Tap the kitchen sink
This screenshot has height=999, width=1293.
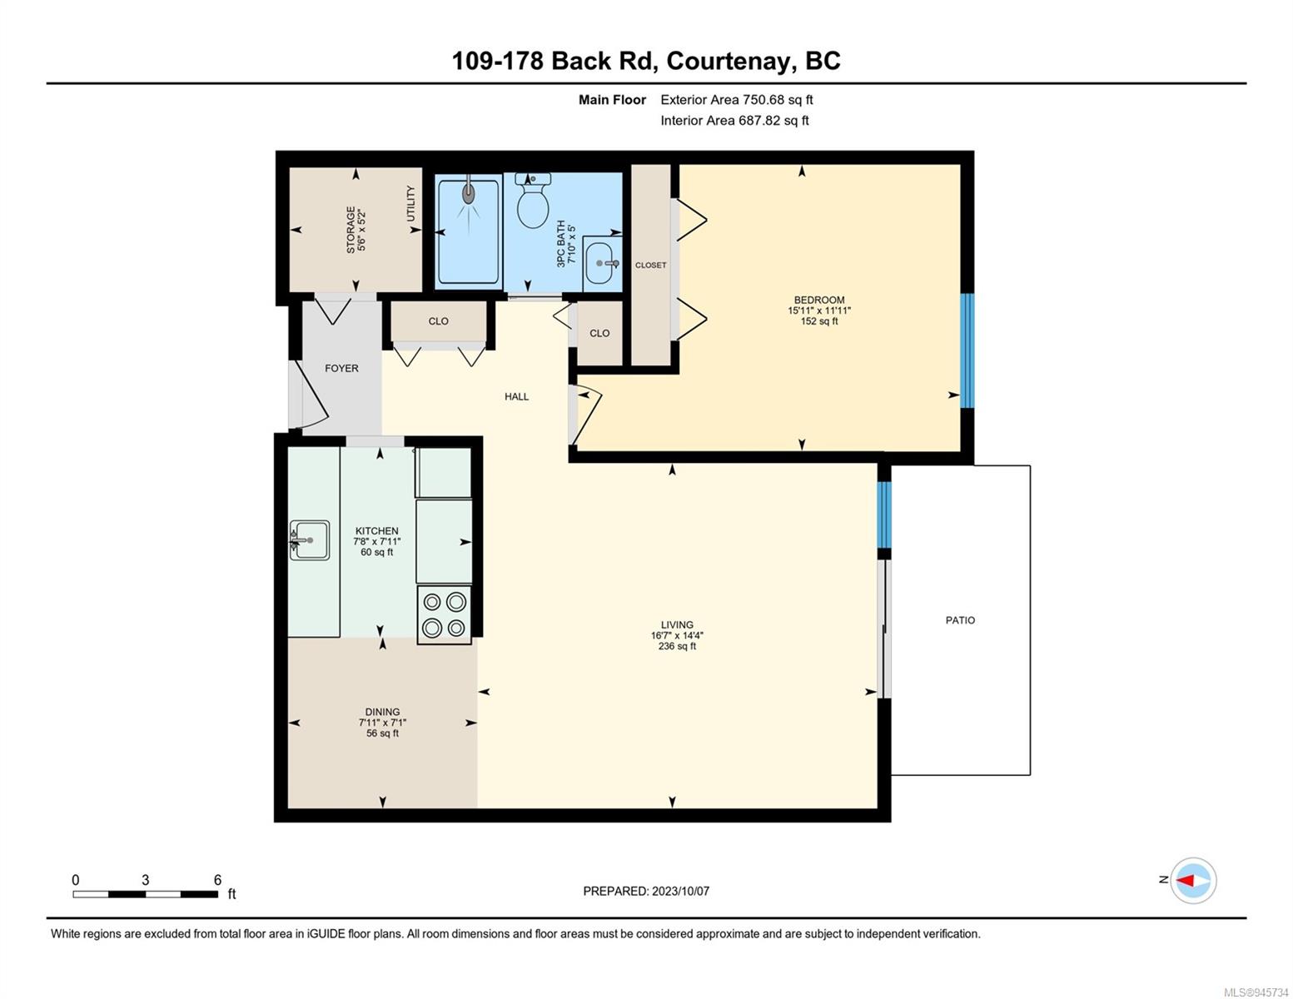pyautogui.click(x=310, y=540)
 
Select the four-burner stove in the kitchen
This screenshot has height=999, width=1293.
pyautogui.click(x=444, y=614)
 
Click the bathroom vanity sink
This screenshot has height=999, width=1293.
pyautogui.click(x=602, y=262)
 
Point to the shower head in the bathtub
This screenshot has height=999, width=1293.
pyautogui.click(x=470, y=191)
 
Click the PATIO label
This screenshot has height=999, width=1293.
pyautogui.click(x=960, y=620)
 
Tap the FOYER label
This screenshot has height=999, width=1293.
pyautogui.click(x=341, y=368)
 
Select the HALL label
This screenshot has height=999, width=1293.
pyautogui.click(x=516, y=396)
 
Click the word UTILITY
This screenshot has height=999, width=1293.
pyautogui.click(x=410, y=203)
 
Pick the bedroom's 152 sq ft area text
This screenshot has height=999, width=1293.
pyautogui.click(x=819, y=321)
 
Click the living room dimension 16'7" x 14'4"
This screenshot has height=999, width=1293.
pyautogui.click(x=677, y=635)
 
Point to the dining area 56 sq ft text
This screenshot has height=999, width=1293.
pyautogui.click(x=383, y=733)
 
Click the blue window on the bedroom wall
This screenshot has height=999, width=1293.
pyautogui.click(x=968, y=350)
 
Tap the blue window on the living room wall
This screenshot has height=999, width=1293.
pyautogui.click(x=885, y=514)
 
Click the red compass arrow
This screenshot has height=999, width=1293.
pyautogui.click(x=1186, y=881)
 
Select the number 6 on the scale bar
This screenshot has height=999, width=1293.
pyautogui.click(x=217, y=880)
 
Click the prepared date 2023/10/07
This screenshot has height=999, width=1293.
pyautogui.click(x=681, y=892)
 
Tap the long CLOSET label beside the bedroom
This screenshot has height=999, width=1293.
pyautogui.click(x=650, y=266)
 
